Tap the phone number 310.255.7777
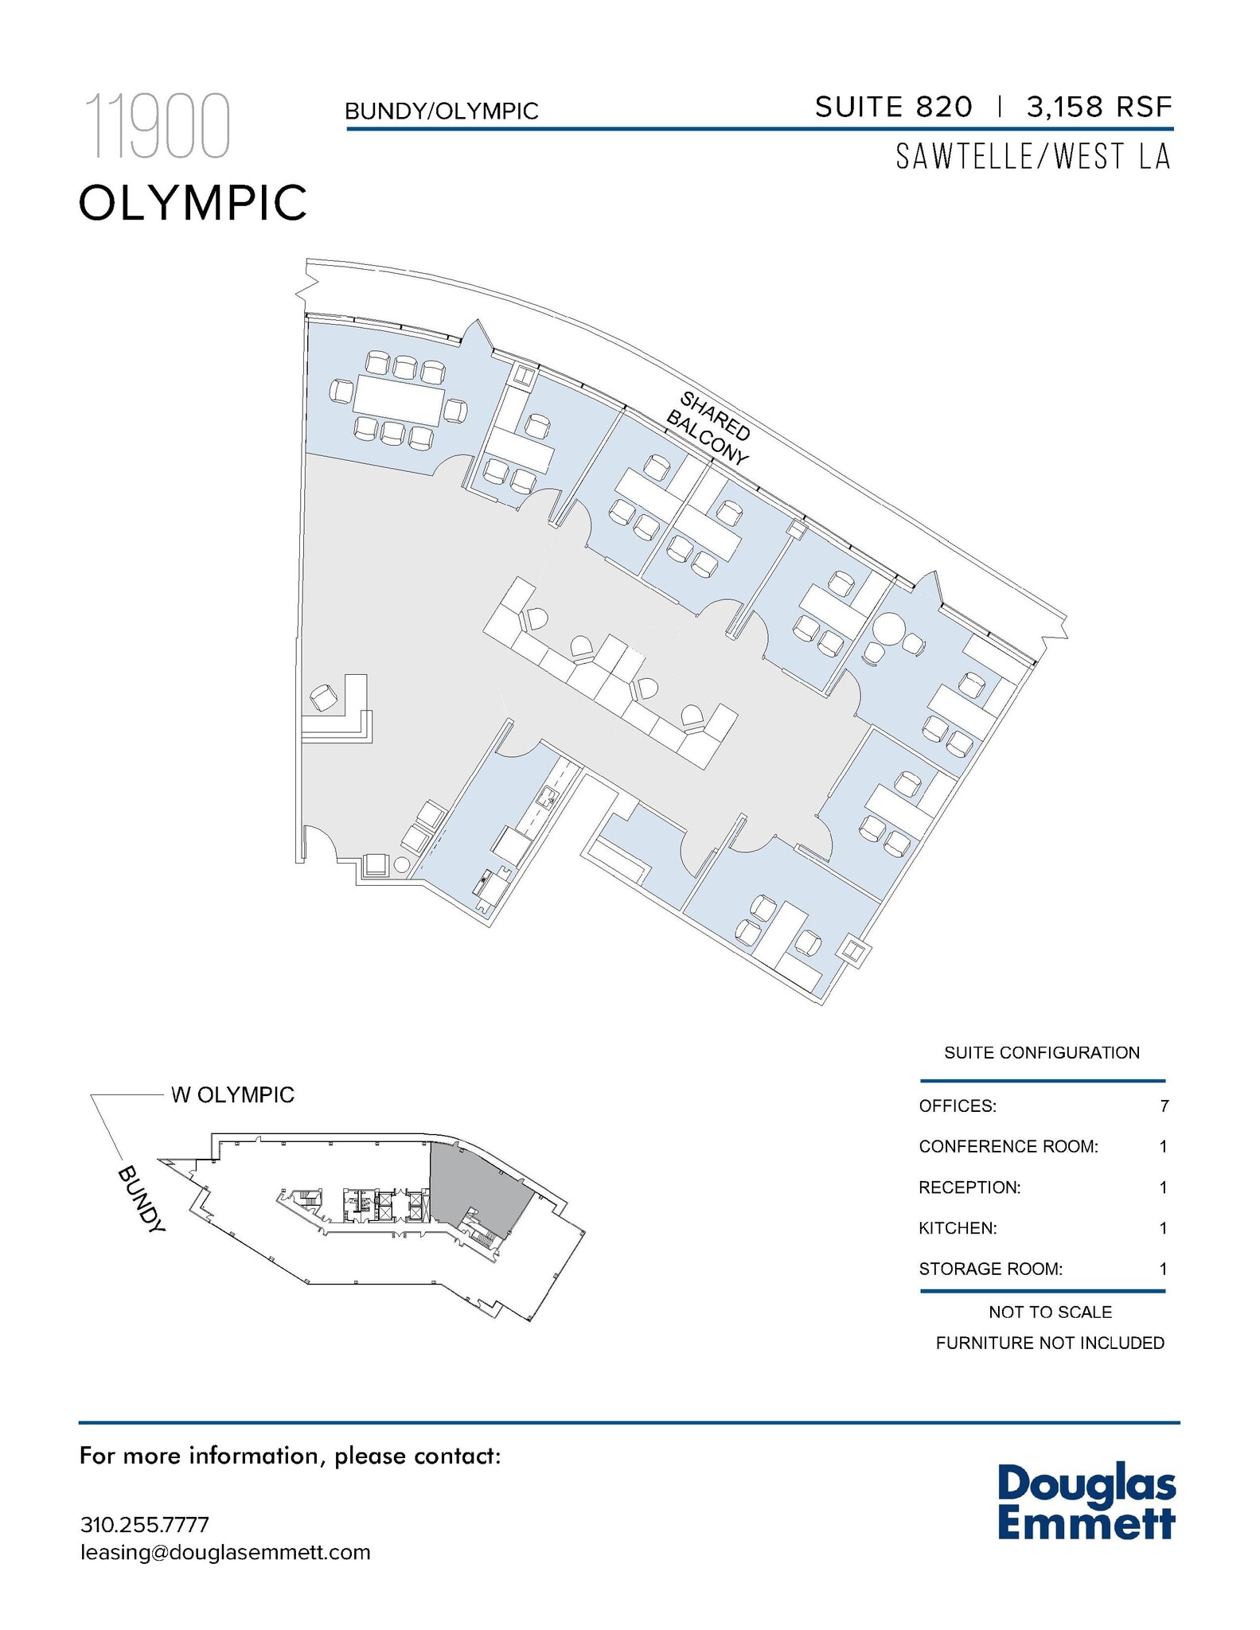tap(144, 1524)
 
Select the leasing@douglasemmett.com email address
tap(225, 1552)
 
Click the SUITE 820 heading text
tap(893, 107)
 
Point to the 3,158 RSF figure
tap(1099, 107)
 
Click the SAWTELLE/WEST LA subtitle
tap(1033, 157)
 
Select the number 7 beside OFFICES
tap(1164, 1106)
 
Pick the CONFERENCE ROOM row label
tap(1008, 1146)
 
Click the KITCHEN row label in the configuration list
tap(958, 1228)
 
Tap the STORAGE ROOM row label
tap(990, 1269)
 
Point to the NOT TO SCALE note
tap(1050, 1312)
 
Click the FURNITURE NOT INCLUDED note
tap(1050, 1343)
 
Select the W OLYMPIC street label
tap(232, 1095)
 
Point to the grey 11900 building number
tap(158, 126)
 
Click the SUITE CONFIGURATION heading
tap(1042, 1052)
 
